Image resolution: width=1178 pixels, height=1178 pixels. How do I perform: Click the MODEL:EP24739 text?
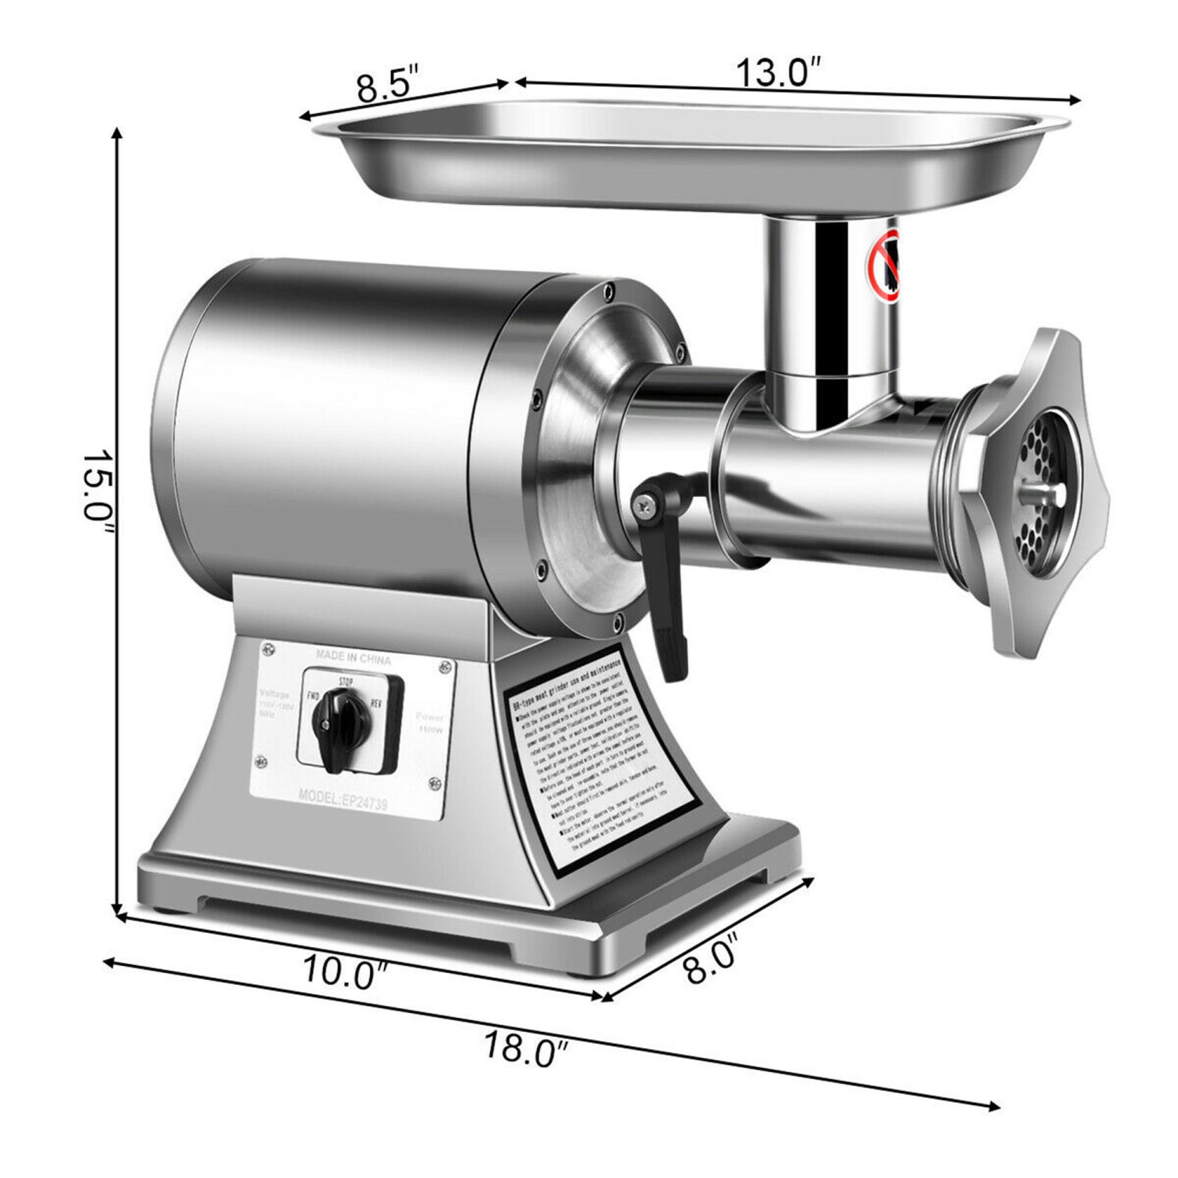click(342, 798)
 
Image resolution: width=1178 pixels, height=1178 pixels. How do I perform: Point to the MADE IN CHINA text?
click(353, 657)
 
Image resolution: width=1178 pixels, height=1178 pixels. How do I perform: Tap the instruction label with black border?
click(597, 762)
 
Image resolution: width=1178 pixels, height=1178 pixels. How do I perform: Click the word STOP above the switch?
click(345, 680)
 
